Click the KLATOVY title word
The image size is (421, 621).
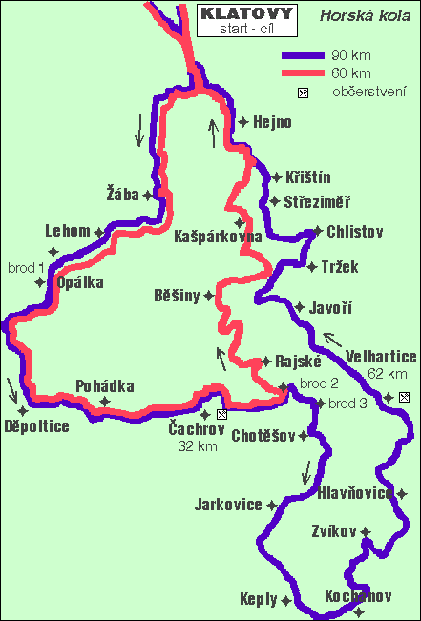[x=242, y=15]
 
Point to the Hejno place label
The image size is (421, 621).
[x=272, y=122]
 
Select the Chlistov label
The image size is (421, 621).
[x=355, y=231]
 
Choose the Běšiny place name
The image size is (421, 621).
[x=177, y=296]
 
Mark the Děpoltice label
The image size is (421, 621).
[x=36, y=426]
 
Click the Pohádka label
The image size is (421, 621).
[x=105, y=386]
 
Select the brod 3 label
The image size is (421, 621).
[x=347, y=404]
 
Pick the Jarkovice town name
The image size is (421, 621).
[x=227, y=505]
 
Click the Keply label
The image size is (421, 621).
[x=260, y=600]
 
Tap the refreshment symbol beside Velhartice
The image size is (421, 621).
[x=404, y=397]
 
